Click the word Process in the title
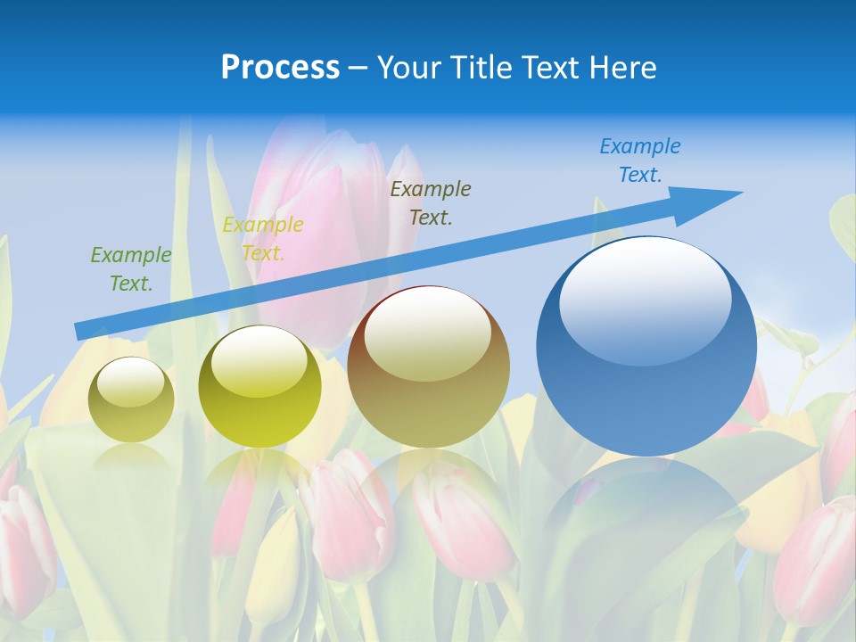pos(280,68)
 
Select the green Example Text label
pos(130,268)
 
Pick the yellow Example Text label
pos(263,238)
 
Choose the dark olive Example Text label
pos(431,202)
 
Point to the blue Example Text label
pos(640,160)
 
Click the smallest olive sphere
pos(131,415)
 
